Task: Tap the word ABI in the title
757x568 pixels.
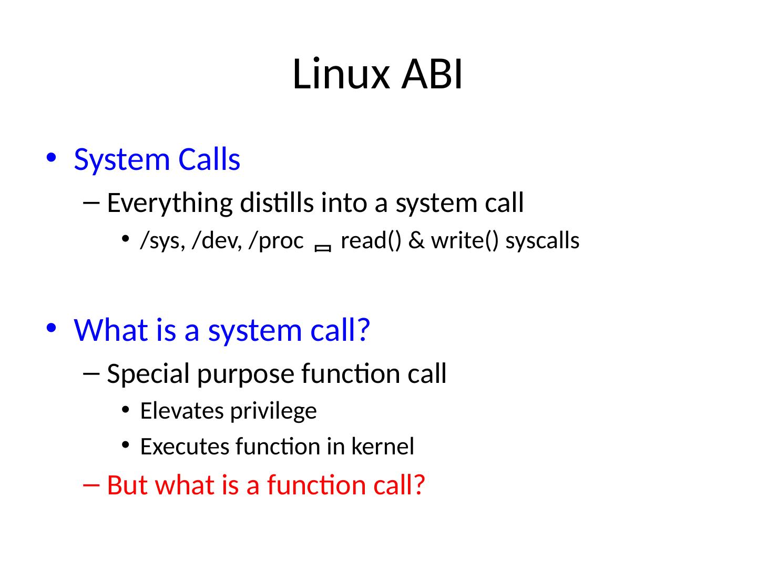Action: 432,74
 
